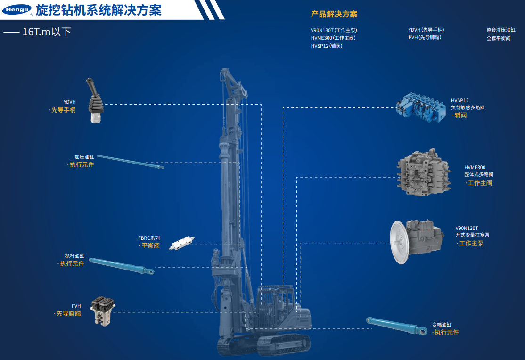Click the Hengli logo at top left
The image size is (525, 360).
(x=17, y=10)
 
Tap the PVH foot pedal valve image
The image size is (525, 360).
(x=102, y=311)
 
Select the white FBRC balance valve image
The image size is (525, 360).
(x=181, y=243)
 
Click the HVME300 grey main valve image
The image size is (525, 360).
(x=424, y=172)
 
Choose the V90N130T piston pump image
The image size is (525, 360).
(x=417, y=242)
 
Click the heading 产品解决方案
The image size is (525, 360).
(x=334, y=14)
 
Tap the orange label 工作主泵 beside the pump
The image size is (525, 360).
(x=471, y=244)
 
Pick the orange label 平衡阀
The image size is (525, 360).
(x=151, y=246)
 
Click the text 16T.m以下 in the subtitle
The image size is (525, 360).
(x=47, y=32)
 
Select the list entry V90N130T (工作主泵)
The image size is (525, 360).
(x=334, y=30)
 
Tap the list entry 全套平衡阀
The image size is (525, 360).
(x=499, y=38)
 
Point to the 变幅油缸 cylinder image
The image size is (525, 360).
(x=396, y=326)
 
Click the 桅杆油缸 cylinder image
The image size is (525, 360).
(x=122, y=266)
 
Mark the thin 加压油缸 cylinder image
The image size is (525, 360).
(x=130, y=162)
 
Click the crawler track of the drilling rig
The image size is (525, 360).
(x=264, y=345)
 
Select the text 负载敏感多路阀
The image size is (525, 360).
(x=468, y=107)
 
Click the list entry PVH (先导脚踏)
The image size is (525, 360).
(x=425, y=38)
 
